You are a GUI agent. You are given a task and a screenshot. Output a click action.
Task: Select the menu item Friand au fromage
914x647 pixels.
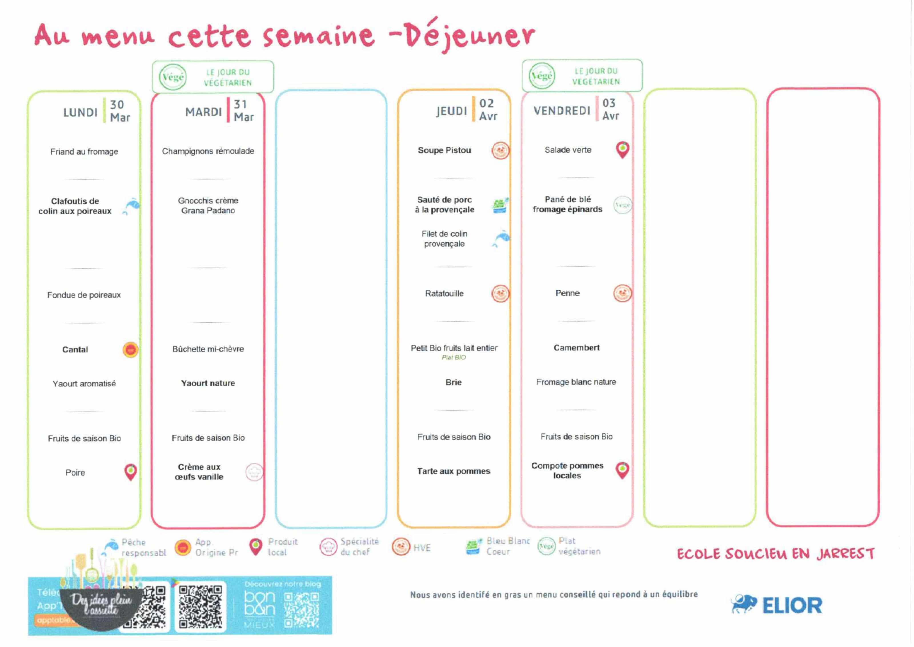click(x=84, y=151)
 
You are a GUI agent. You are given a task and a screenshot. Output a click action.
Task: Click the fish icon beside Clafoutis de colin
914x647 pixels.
click(x=131, y=205)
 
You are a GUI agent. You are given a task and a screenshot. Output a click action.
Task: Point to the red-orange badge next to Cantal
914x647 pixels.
click(x=130, y=350)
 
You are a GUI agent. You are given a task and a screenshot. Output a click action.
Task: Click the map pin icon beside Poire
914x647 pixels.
click(x=131, y=472)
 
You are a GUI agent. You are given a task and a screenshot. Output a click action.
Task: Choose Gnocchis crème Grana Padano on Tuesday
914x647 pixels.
click(x=208, y=205)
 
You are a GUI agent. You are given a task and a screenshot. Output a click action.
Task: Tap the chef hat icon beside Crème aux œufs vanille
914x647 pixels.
click(x=254, y=472)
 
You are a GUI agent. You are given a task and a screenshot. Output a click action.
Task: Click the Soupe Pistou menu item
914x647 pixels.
click(x=444, y=150)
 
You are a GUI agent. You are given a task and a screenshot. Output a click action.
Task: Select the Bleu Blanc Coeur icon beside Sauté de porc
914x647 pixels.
click(x=500, y=205)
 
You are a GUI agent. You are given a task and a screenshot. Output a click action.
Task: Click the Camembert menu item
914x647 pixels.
click(x=576, y=348)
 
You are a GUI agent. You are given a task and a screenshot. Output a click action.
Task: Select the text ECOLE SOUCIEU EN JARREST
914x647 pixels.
click(x=775, y=554)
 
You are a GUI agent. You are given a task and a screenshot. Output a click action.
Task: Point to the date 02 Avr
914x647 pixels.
click(x=488, y=109)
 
